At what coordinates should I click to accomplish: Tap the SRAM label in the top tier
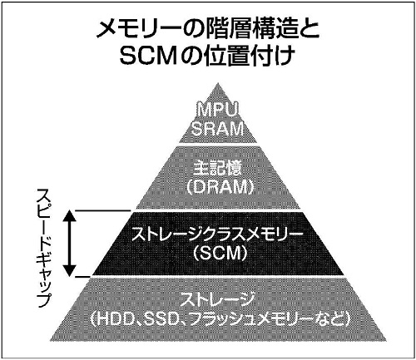coord(218,129)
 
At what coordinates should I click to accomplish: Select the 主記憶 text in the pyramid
coord(218,169)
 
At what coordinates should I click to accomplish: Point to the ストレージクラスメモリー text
coord(217,234)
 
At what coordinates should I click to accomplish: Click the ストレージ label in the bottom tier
coord(217,300)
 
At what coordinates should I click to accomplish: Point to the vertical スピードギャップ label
coord(44,248)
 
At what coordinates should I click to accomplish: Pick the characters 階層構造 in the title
coord(251,30)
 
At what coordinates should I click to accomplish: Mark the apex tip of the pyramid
coord(218,82)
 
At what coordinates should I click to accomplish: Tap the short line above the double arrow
coord(103,210)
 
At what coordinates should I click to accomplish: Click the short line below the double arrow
coord(83,277)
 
